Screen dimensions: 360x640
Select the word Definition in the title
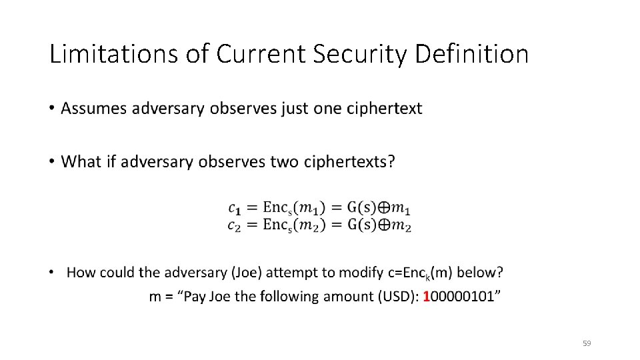click(471, 54)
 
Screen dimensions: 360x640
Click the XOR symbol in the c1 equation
click(385, 208)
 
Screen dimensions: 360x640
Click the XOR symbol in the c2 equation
click(385, 225)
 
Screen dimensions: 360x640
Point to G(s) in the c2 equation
click(360, 225)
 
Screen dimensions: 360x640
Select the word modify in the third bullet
click(361, 272)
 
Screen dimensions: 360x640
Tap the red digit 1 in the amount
click(427, 297)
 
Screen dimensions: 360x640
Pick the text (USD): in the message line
click(397, 297)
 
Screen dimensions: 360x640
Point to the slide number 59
click(587, 343)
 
